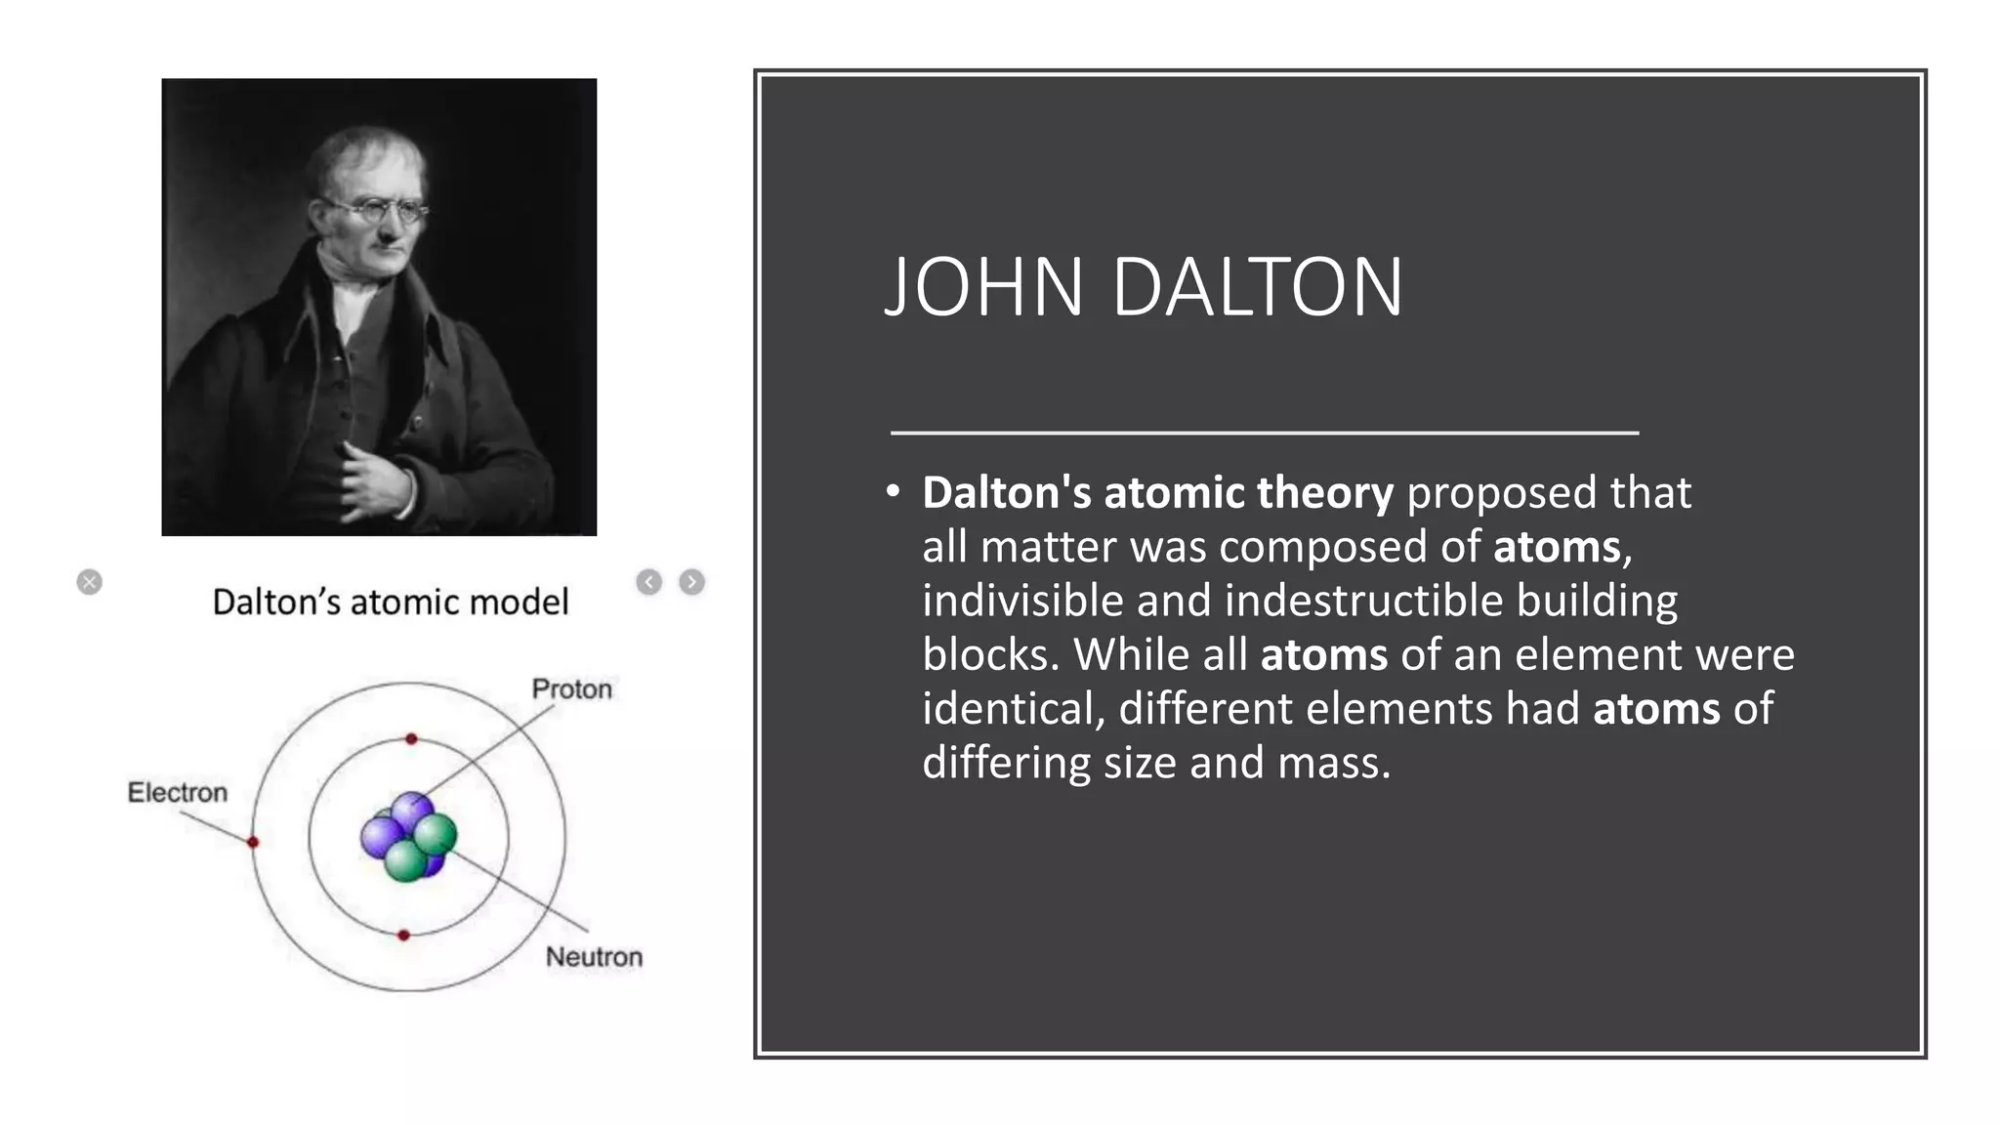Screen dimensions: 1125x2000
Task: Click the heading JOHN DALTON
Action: (1144, 287)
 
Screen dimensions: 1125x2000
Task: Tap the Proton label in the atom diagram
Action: (571, 689)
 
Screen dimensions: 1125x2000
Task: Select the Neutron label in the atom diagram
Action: (594, 957)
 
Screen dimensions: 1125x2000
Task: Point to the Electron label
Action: (178, 792)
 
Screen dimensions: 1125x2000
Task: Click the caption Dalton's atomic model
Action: (390, 603)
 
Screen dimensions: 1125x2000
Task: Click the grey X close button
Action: (89, 582)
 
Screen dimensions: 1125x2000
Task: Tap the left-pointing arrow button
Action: (648, 582)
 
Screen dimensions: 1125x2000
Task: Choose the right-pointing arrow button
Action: (691, 582)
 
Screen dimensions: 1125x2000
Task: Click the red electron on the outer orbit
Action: (253, 842)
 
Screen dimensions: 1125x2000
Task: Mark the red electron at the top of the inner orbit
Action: (411, 739)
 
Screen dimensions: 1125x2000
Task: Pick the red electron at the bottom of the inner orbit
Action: (403, 936)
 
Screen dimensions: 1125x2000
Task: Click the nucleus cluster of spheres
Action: (408, 837)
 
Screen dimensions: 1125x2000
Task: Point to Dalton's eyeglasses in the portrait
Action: (376, 208)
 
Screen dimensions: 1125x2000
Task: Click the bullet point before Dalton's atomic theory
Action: (893, 492)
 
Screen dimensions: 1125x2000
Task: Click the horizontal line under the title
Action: (1265, 432)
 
